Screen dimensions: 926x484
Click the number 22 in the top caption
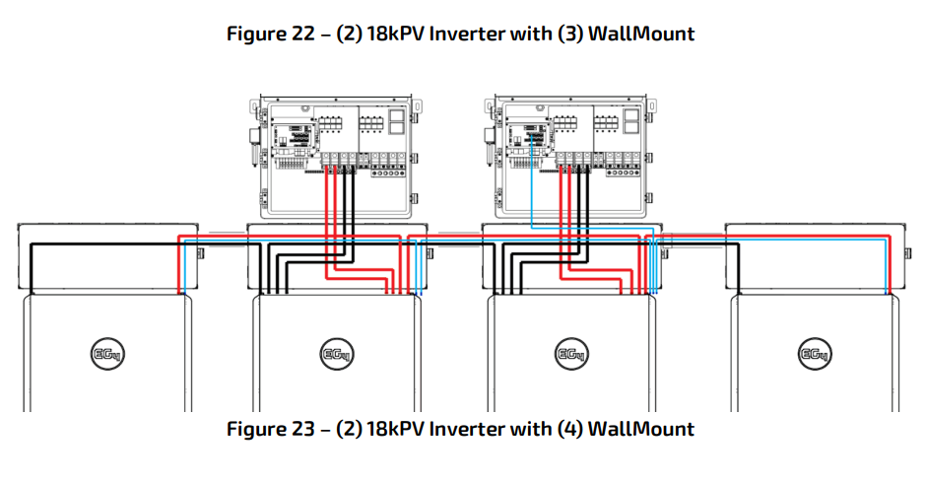tap(303, 34)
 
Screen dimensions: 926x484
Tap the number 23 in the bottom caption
tap(303, 429)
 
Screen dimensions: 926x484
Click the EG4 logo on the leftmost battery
tap(108, 354)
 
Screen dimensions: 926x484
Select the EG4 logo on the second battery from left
tap(337, 354)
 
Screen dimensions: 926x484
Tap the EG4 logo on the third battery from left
tap(571, 354)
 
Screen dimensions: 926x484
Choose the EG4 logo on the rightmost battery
tap(815, 354)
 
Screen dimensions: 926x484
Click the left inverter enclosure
tap(336, 157)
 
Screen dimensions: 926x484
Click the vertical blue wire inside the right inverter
tap(532, 180)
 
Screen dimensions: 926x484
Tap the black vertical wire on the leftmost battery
tap(31, 268)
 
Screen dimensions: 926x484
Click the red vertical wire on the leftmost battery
tap(179, 265)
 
